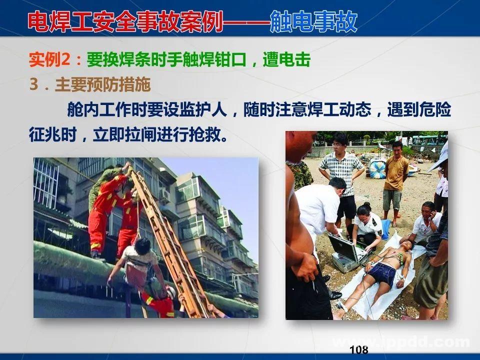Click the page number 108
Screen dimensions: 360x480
coord(359,349)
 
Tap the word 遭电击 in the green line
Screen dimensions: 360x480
coord(292,61)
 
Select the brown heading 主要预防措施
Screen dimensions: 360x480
coord(102,85)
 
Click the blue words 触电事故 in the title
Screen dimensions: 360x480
coord(314,22)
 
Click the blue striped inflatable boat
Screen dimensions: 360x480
coord(378,167)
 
